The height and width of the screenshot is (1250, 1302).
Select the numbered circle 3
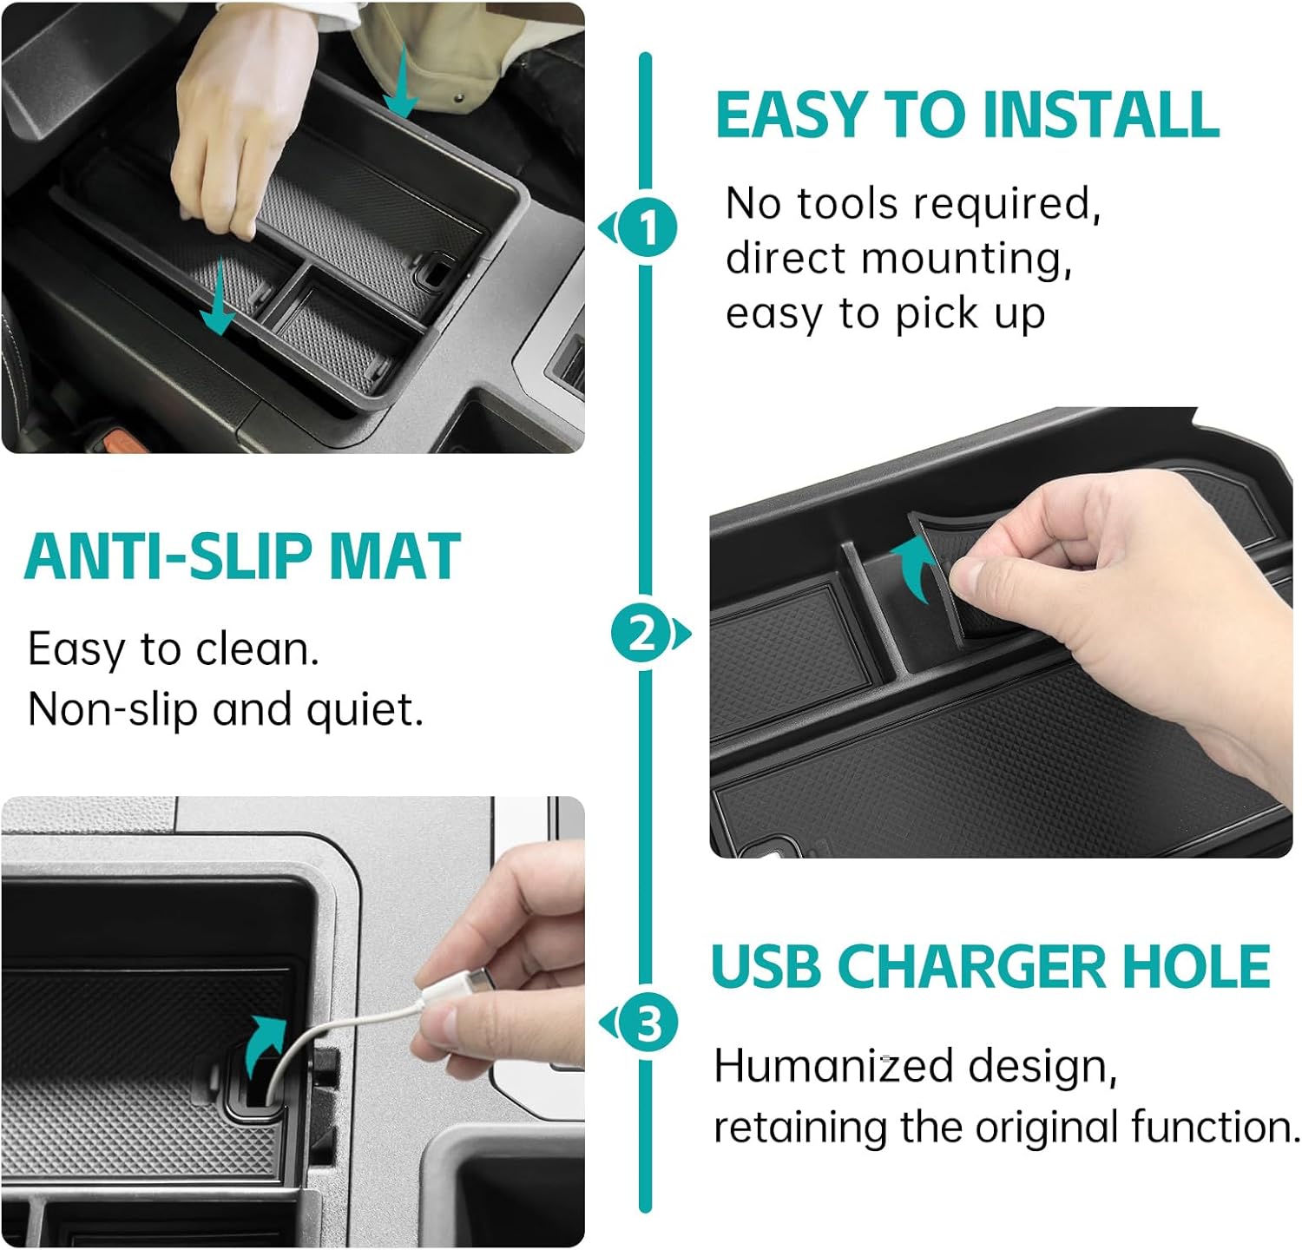point(648,1024)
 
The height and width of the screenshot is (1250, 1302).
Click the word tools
point(846,204)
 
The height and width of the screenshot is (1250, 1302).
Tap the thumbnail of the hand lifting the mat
point(1002,633)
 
